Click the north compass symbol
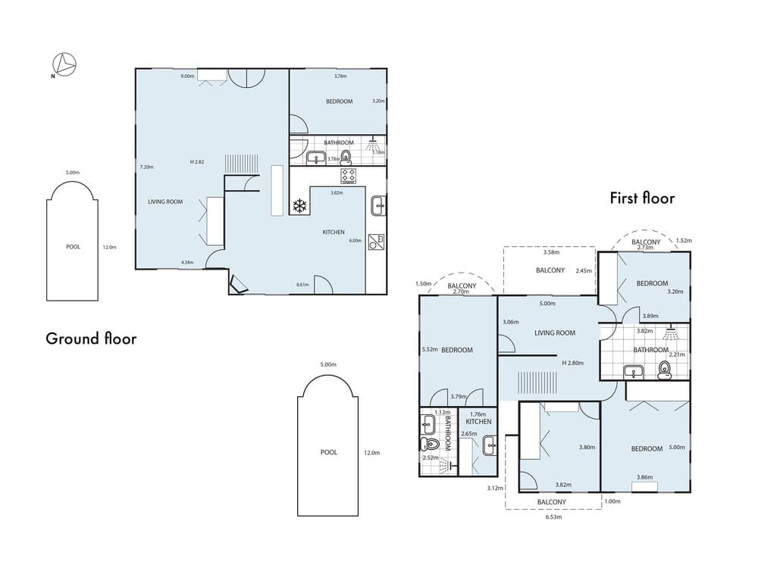[x=64, y=64]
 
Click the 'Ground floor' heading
[x=91, y=339]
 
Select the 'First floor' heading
[x=642, y=198]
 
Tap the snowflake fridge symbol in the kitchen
[x=299, y=204]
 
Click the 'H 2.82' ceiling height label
[x=199, y=162]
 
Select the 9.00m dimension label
[x=186, y=76]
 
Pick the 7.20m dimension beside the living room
[x=147, y=167]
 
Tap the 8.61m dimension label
[x=302, y=285]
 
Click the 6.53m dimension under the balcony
[x=553, y=519]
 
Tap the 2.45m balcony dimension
[x=584, y=270]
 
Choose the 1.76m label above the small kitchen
[x=478, y=414]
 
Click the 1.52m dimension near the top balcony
[x=684, y=241]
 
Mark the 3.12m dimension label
[x=495, y=488]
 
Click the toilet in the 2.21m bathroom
[x=665, y=369]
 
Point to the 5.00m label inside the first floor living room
[x=547, y=304]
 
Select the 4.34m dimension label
[x=187, y=263]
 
